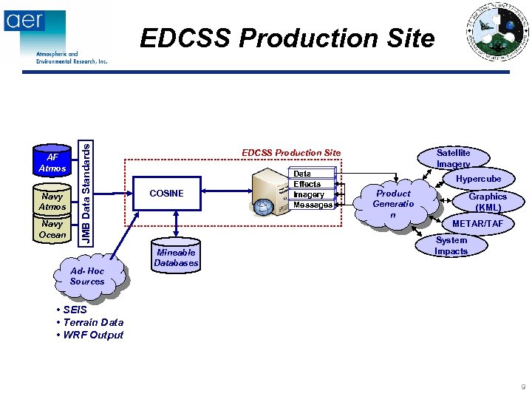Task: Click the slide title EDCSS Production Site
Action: point(287,38)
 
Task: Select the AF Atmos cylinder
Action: point(52,163)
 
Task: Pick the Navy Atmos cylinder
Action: point(52,201)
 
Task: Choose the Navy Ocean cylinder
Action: point(52,228)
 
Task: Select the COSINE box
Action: point(166,194)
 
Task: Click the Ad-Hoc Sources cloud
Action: point(87,276)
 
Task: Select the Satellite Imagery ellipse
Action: point(453,158)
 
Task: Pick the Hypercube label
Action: point(478,179)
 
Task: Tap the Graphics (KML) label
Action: point(488,202)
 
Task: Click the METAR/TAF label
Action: point(477,224)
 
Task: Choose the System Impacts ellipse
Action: point(451,246)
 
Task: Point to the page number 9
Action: point(522,386)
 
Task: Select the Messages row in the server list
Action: point(313,205)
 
